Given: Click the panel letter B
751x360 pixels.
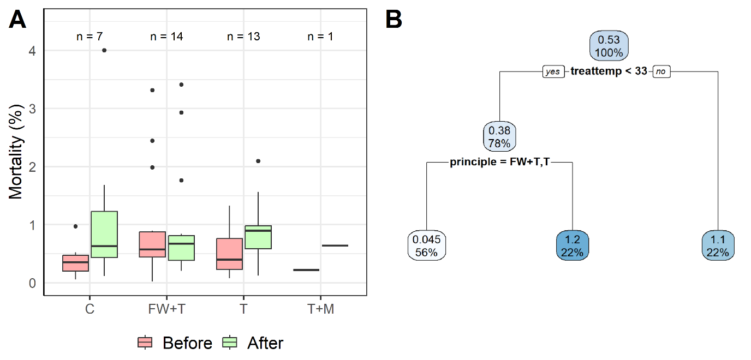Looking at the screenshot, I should click(x=394, y=20).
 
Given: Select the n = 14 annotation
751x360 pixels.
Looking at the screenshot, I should click(x=166, y=37).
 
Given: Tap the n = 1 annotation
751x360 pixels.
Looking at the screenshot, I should click(x=320, y=37).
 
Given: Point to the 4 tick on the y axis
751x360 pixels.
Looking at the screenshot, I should click(x=32, y=51).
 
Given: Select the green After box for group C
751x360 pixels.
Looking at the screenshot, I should click(x=104, y=234).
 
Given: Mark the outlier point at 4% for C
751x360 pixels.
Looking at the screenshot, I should click(x=104, y=50).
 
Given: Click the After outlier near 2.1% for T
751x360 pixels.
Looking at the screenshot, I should click(x=258, y=161).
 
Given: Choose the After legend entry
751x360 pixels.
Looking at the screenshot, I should click(x=254, y=343).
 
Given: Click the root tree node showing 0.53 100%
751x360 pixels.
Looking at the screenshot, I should click(x=609, y=46).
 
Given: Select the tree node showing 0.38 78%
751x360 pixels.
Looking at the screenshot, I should click(x=500, y=137).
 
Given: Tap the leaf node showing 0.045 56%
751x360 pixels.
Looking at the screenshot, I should click(x=426, y=245).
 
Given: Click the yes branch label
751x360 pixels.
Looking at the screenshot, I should click(x=552, y=71).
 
